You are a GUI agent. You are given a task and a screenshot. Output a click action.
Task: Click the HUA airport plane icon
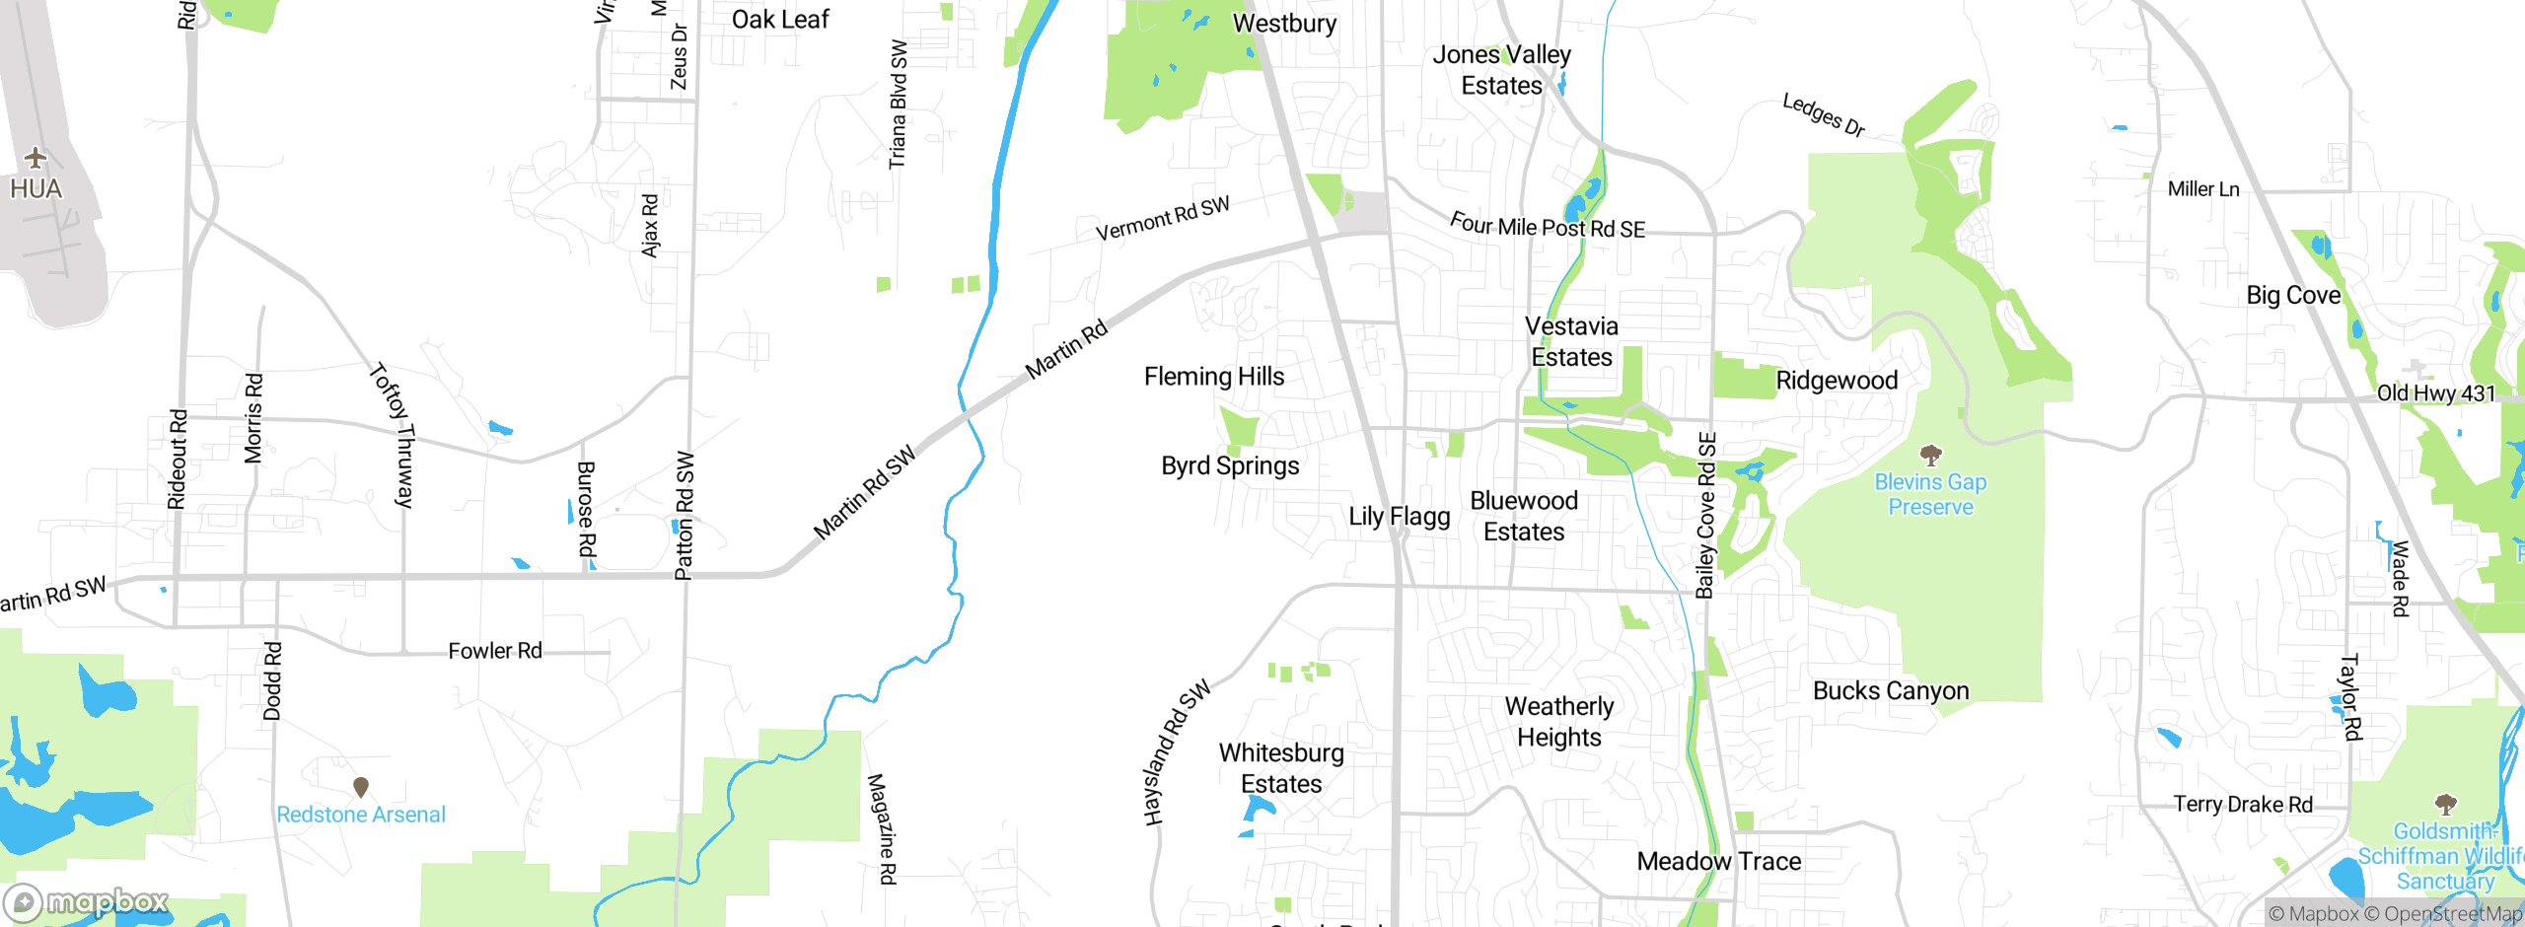tap(36, 158)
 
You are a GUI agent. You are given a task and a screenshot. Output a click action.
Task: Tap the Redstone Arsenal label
tap(361, 815)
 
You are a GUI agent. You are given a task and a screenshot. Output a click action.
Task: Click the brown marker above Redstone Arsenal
tap(361, 786)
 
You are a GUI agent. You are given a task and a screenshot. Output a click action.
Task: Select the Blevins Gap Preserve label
tap(1930, 494)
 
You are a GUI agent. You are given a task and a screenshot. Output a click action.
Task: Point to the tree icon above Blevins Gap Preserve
tap(1930, 455)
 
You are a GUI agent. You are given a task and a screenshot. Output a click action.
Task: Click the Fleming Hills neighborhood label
tap(1214, 377)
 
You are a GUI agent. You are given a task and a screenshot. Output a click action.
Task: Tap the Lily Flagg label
tap(1399, 517)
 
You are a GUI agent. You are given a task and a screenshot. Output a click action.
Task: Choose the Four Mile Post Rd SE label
tap(1547, 227)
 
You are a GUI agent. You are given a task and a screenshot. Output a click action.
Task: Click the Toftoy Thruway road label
tap(393, 435)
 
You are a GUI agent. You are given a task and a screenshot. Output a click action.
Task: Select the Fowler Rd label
tap(495, 651)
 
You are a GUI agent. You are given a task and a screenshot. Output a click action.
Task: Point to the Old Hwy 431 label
tap(2435, 393)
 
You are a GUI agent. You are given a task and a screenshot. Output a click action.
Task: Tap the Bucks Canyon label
tap(1891, 691)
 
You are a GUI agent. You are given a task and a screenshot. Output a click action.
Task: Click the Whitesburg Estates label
tap(1281, 768)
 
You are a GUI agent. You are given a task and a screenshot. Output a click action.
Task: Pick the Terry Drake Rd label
tap(2243, 805)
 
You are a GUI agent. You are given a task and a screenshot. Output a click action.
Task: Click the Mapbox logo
tap(87, 901)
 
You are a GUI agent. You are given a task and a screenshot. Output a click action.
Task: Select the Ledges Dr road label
tap(1823, 115)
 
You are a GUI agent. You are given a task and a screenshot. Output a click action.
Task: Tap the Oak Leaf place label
tap(780, 20)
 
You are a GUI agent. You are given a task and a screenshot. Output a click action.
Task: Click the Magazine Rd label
tap(881, 828)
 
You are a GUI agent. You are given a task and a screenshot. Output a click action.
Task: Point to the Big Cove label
tap(2293, 296)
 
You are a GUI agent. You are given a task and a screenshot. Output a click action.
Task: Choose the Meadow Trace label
tap(1718, 862)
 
